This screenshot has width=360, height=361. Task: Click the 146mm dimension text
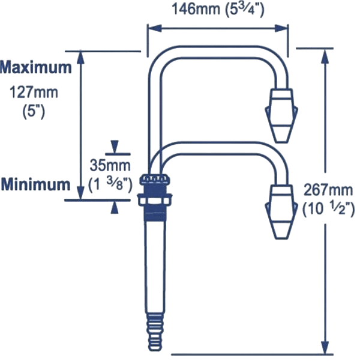coord(196,10)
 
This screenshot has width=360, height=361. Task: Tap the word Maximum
coord(36,67)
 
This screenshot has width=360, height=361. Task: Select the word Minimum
coord(35,184)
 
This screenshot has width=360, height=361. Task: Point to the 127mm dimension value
coord(34,93)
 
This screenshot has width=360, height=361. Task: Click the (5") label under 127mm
coord(34,112)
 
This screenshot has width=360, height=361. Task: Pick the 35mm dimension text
coord(110,165)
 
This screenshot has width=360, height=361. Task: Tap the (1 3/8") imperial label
coord(110,184)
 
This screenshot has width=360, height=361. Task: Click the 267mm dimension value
coord(328,190)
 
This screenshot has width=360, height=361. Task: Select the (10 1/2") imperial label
coord(328,210)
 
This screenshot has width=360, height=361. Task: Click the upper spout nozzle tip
coord(282,138)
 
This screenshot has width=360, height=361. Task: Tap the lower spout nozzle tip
coord(282,234)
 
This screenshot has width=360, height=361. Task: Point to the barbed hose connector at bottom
coord(155,331)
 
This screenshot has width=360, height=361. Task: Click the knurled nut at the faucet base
coord(155,180)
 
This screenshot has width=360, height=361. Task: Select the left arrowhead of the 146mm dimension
coord(155,28)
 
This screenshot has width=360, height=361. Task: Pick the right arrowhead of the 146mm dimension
coord(281,28)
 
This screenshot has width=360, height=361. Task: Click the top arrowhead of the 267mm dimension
coord(325,56)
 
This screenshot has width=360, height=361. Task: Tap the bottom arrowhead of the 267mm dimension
coord(325,347)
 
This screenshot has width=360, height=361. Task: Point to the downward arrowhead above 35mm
coord(115,147)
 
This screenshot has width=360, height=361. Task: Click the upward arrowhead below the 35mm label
coord(115,207)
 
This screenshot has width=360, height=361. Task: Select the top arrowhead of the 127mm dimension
coord(80,57)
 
